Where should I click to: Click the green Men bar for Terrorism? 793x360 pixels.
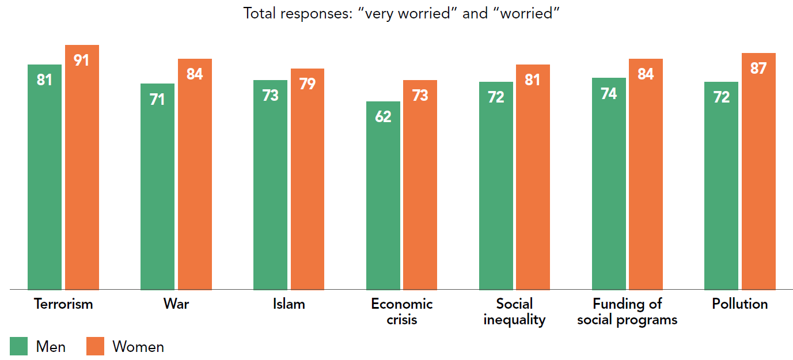point(44,177)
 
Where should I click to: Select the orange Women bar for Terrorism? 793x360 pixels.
point(82,168)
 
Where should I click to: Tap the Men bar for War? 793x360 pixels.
point(157,187)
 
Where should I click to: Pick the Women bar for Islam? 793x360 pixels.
point(308,179)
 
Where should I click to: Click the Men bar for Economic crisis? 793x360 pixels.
point(383,196)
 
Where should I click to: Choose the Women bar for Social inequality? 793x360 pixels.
point(533,177)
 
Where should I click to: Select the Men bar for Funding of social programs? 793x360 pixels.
point(609,184)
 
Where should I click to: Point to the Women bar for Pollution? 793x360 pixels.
point(758,171)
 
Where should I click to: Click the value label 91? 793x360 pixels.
point(81,60)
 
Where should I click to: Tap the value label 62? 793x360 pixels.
point(383,116)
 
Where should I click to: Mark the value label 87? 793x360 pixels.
point(758,69)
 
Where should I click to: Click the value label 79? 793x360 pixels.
point(308,84)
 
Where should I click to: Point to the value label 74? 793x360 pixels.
point(609,93)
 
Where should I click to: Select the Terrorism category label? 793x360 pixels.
point(63,304)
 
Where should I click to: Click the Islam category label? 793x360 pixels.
point(289,304)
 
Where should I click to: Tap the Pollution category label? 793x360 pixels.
point(740,304)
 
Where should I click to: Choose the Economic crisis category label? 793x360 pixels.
point(402,312)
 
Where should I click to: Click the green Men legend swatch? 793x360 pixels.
point(19,346)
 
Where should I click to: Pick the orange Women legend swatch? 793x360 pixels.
point(95,346)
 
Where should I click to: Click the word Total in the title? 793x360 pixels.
point(260,13)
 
